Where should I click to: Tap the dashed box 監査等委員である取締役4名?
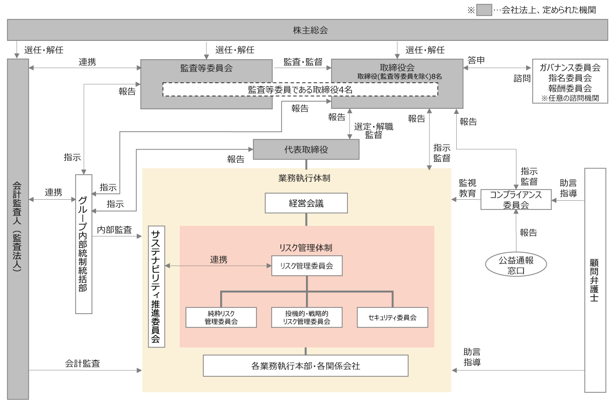point(300,89)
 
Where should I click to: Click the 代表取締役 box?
point(306,149)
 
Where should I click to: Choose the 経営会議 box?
point(306,203)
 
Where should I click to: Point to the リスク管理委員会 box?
point(306,266)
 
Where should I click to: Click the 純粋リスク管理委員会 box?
point(221,317)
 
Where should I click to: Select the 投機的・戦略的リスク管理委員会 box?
point(306,317)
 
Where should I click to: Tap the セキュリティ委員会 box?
point(392,317)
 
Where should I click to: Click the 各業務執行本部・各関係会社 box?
point(305,366)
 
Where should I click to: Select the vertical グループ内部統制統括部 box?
point(83,244)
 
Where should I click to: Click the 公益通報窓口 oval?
point(516,265)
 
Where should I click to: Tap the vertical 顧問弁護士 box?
point(595,280)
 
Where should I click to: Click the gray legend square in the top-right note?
point(484,10)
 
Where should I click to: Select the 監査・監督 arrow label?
point(303,62)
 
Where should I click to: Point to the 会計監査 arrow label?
point(82,364)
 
